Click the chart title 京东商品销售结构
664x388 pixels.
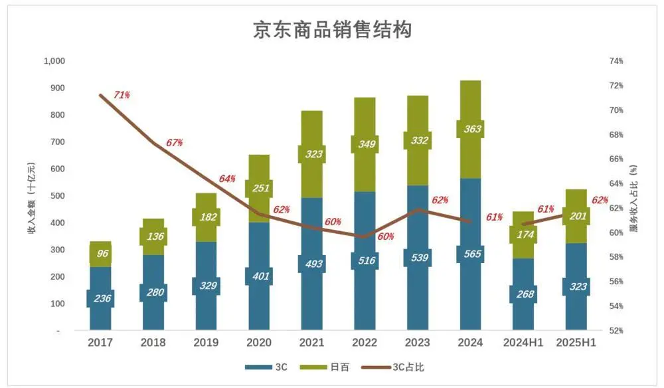click(332, 30)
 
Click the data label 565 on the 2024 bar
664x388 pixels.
click(470, 254)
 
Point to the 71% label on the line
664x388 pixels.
click(122, 95)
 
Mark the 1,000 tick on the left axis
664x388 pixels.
click(54, 61)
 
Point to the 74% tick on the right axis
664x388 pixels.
click(616, 61)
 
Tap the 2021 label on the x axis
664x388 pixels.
click(311, 343)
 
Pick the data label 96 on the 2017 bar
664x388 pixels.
click(100, 253)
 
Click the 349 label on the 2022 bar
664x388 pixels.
click(365, 144)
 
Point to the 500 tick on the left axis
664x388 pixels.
click(58, 196)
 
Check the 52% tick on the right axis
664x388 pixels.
click(616, 330)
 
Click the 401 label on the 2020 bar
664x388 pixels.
click(259, 276)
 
